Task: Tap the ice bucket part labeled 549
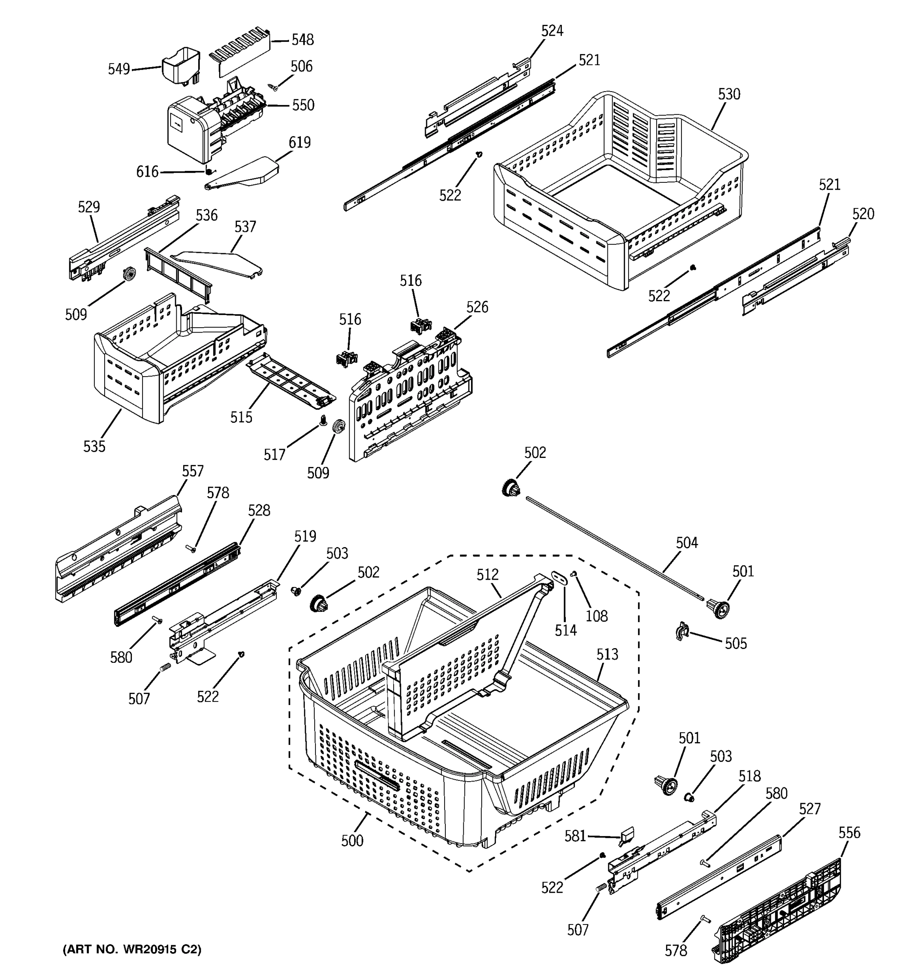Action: point(181,64)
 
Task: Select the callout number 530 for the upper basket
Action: point(728,94)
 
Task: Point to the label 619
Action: point(299,142)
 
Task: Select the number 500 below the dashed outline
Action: point(352,840)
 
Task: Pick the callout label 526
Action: point(477,307)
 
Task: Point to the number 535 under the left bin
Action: point(94,446)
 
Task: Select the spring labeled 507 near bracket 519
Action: point(166,669)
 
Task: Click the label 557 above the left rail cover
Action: point(192,471)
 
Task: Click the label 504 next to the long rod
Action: point(686,543)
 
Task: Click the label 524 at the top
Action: point(552,31)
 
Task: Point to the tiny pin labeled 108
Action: point(573,574)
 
